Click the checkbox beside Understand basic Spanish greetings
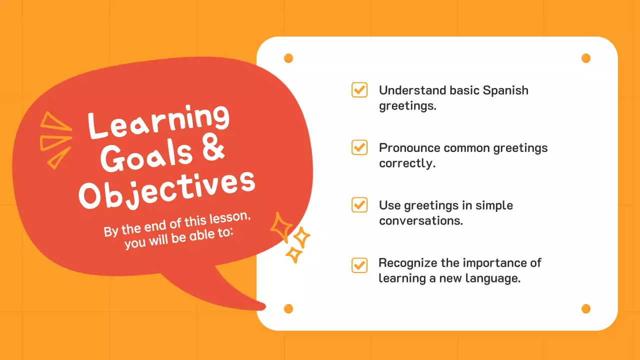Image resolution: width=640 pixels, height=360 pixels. pyautogui.click(x=359, y=90)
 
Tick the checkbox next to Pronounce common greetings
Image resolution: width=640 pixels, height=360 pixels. pyautogui.click(x=359, y=147)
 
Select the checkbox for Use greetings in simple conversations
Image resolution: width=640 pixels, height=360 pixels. pyautogui.click(x=359, y=205)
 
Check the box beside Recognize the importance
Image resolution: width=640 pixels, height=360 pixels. pyautogui.click(x=359, y=265)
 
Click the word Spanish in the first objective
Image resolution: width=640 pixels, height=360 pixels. pyautogui.click(x=505, y=90)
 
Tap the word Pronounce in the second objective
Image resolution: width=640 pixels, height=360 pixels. pyautogui.click(x=409, y=148)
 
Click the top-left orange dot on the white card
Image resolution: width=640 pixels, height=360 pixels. pyautogui.click(x=288, y=58)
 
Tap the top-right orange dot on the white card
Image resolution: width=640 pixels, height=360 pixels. pyautogui.click(x=586, y=58)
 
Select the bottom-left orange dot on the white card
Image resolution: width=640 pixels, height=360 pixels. pyautogui.click(x=288, y=308)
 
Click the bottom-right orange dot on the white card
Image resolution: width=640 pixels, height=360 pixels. pyautogui.click(x=586, y=308)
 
